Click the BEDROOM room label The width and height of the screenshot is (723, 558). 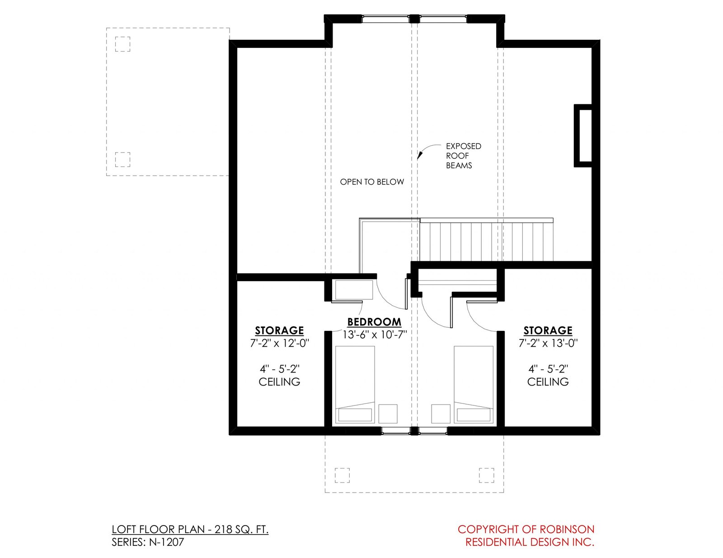[x=374, y=322]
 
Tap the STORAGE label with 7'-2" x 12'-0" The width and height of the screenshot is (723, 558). [x=279, y=330]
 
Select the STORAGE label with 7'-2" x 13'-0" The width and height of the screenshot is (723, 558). [x=548, y=330]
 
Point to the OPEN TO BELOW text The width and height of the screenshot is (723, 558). [x=371, y=182]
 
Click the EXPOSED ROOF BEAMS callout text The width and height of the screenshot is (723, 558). [x=463, y=156]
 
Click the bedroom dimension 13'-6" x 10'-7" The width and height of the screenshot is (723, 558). [x=375, y=335]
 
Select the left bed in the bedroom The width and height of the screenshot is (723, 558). [x=355, y=385]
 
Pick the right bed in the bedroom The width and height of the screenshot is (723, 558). [x=474, y=385]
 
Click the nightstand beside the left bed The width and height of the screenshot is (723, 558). [x=388, y=414]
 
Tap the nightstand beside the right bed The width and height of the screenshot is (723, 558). [x=441, y=414]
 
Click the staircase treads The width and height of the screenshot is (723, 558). [x=486, y=242]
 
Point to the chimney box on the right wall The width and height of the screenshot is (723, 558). [x=583, y=135]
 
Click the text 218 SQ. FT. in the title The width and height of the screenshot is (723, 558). [x=241, y=530]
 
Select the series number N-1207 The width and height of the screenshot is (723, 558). [x=166, y=542]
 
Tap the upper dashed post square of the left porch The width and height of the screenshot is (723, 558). [x=122, y=44]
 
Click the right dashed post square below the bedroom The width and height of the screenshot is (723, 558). [x=486, y=475]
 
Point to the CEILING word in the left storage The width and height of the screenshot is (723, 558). [x=279, y=382]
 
